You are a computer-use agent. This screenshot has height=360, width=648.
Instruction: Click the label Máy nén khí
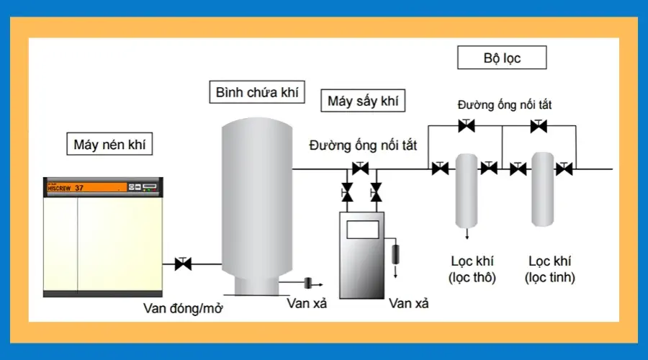coord(109,144)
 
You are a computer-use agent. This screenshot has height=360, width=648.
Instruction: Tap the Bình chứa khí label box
coord(256,93)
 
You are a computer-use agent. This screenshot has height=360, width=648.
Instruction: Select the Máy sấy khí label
coord(362,101)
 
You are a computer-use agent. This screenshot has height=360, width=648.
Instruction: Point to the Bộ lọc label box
coord(502,58)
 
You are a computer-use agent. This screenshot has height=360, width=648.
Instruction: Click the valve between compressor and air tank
coord(183,264)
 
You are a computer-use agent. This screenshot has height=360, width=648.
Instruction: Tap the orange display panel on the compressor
coord(85,187)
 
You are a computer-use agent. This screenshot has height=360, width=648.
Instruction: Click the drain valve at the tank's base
coord(307,281)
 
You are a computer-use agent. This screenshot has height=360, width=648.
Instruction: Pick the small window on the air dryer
coord(362,229)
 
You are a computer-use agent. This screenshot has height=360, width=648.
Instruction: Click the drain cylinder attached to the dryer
coord(395,253)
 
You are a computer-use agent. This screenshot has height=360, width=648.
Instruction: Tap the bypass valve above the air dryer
coord(360,169)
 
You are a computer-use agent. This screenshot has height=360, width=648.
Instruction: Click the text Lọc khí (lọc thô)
coord(472,269)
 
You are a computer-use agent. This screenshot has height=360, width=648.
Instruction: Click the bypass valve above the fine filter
coord(539,126)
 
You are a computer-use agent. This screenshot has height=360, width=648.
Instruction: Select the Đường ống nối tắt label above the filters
coord(505,104)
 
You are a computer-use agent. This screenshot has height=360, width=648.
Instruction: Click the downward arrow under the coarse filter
coord(467,234)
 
